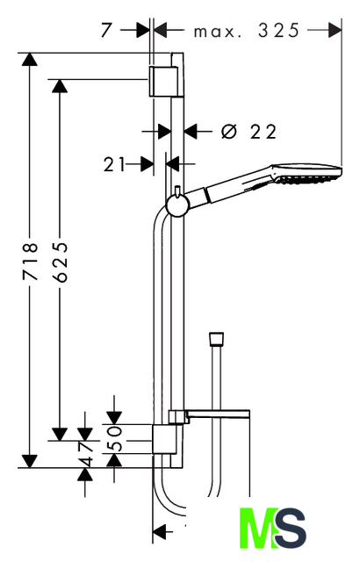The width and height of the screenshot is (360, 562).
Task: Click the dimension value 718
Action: tap(30, 261)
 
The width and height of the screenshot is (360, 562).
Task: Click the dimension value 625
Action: tap(60, 262)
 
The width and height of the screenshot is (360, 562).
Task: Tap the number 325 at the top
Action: tap(278, 31)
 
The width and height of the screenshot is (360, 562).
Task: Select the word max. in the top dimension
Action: tap(217, 32)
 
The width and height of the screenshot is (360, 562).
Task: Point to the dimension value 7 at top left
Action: tap(106, 30)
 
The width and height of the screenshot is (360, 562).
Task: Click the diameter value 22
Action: tap(263, 132)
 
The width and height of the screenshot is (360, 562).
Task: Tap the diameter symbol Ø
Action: tap(229, 132)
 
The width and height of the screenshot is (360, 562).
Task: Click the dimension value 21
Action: tap(114, 164)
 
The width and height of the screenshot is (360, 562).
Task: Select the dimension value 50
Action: tap(114, 438)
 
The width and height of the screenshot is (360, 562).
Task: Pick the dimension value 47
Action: tap(85, 453)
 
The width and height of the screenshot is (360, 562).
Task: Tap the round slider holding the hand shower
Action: tap(177, 205)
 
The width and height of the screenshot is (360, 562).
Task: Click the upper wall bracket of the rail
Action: tap(164, 81)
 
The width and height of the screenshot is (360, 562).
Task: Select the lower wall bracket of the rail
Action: tap(164, 439)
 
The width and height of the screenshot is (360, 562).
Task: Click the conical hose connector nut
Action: tap(216, 339)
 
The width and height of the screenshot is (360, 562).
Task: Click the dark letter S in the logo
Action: tap(290, 528)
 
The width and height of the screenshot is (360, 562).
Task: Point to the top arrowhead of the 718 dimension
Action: tap(29, 59)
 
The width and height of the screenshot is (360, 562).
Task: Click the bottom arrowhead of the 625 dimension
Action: tap(60, 434)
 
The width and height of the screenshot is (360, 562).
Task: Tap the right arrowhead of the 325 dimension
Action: tap(335, 31)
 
